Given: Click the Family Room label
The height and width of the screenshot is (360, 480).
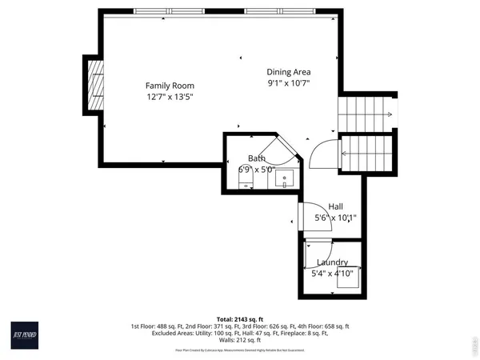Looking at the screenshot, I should point(170,86).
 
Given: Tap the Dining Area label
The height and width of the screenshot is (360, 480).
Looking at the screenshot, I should point(288,71).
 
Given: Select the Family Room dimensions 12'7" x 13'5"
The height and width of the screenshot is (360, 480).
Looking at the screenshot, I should point(170,97).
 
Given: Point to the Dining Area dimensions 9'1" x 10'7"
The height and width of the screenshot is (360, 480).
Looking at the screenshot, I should point(288,82).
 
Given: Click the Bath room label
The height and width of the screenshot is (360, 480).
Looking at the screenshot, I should point(256,158).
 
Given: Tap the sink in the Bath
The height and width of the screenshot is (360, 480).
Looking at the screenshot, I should point(283,179).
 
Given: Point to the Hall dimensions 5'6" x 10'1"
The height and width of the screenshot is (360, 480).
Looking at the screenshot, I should point(335,218).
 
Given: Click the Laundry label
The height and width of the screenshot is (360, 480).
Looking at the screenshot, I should point(332,262).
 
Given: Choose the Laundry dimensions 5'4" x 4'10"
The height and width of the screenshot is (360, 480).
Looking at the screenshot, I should point(332,274).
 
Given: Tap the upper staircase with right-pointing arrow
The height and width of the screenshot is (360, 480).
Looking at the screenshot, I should point(366,114).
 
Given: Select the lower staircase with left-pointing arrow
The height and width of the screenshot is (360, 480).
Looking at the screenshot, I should point(366,154).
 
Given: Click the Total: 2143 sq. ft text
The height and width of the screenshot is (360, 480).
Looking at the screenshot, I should point(240,319).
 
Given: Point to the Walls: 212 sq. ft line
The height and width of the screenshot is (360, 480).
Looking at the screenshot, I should point(240,339).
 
